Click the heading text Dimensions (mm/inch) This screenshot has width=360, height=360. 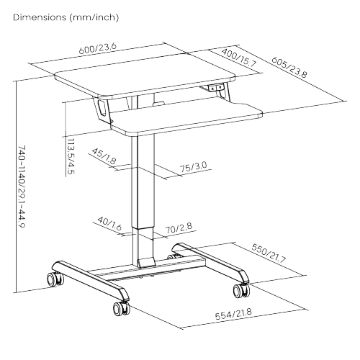[x=66, y=17]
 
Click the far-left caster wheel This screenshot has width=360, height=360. [x=53, y=278]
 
